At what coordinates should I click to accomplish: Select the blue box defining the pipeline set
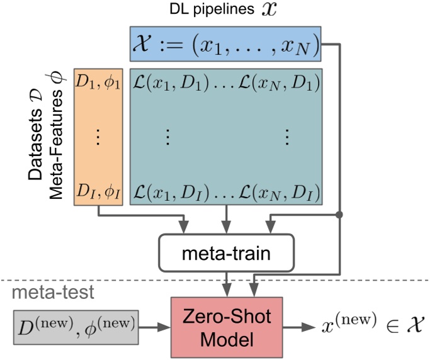[225, 44]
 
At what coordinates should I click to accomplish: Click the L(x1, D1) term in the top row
[161, 82]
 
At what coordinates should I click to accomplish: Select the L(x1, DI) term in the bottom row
[161, 190]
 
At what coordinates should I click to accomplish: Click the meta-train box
[226, 254]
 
